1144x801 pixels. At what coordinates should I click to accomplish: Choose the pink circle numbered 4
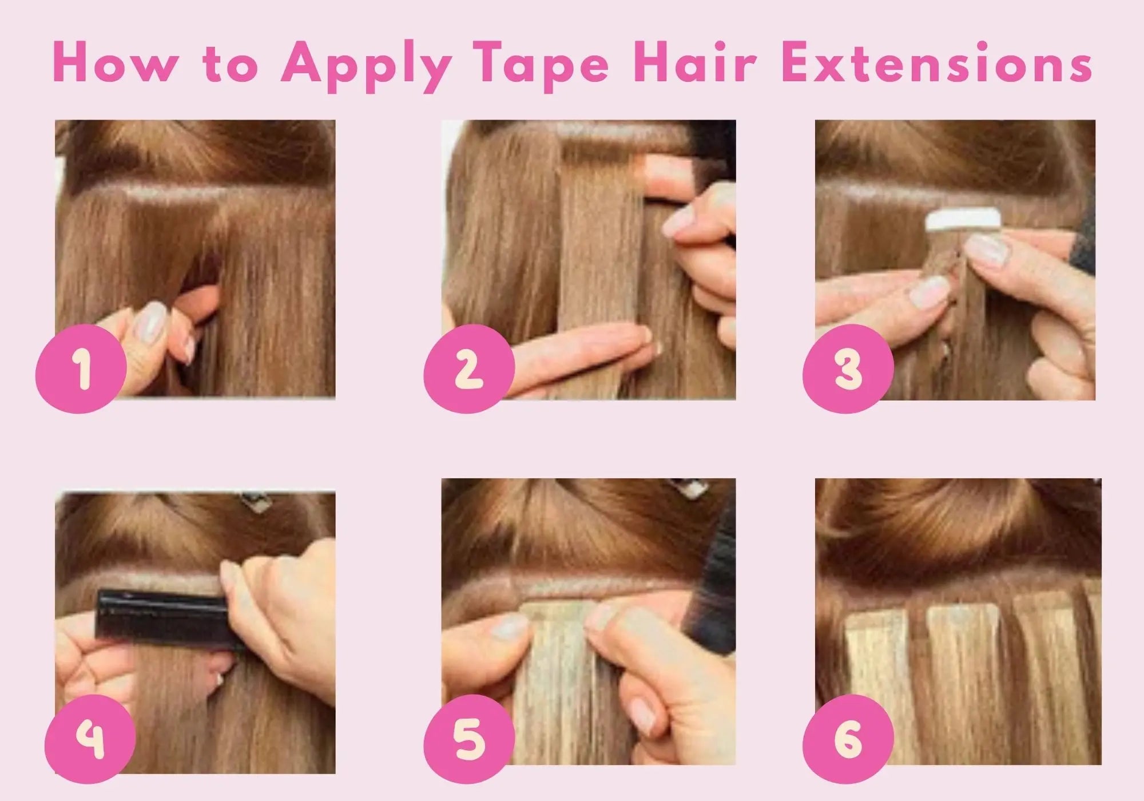[90, 738]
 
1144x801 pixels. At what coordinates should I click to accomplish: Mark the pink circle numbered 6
[848, 738]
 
